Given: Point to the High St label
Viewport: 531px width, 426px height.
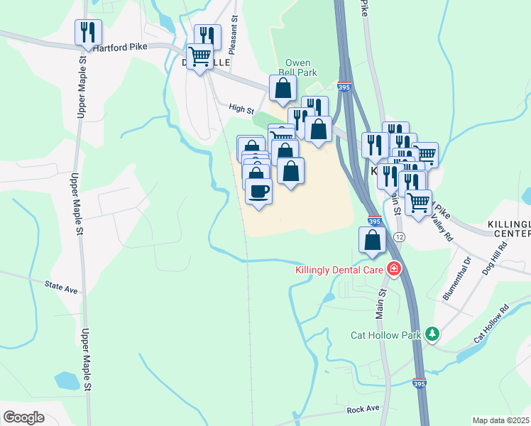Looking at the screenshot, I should click(241, 109).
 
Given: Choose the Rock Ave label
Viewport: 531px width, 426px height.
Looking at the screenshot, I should click(363, 410).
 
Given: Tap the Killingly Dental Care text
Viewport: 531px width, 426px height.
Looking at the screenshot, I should click(339, 269).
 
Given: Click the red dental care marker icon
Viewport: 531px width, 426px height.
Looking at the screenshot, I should click(393, 269).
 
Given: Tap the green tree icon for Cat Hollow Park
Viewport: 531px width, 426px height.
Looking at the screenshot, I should click(432, 334).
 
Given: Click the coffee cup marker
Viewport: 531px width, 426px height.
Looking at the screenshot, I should click(258, 191).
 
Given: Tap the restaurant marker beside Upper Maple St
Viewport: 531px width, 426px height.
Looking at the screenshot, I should click(88, 32).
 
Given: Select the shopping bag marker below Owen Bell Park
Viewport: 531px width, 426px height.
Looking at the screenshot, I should click(283, 88).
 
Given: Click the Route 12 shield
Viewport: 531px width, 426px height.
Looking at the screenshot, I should click(400, 236).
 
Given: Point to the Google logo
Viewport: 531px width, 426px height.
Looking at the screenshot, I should click(23, 417).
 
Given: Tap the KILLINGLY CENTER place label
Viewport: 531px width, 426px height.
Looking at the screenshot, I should click(509, 229).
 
